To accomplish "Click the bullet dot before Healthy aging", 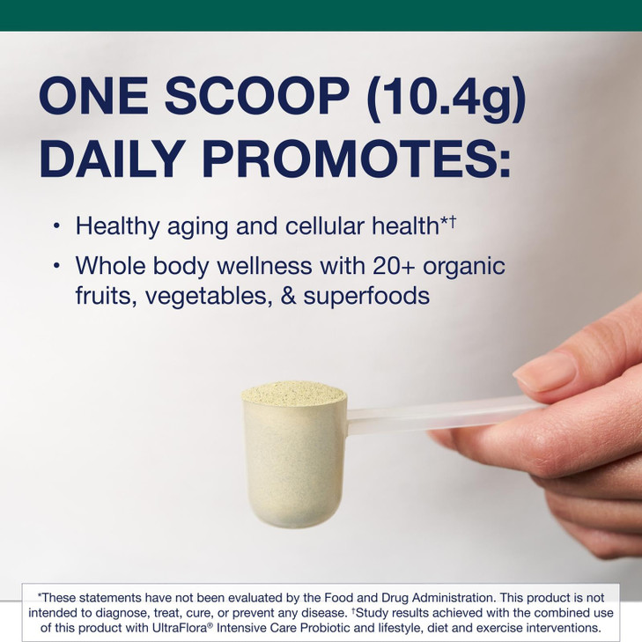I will tap(56, 226).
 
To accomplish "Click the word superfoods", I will tap(366, 296).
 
